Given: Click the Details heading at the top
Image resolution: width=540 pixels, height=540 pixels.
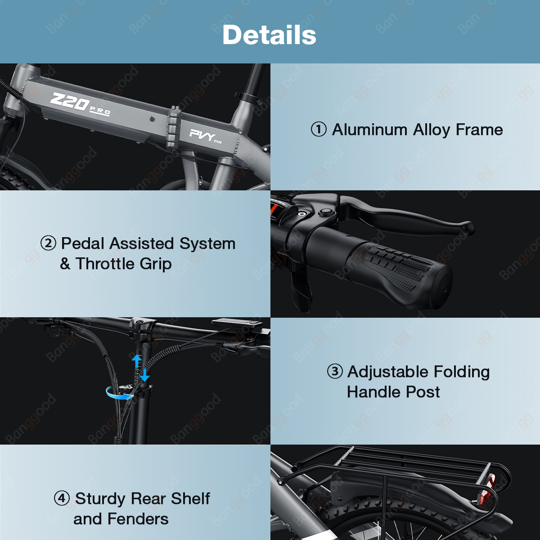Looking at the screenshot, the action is [x=269, y=35].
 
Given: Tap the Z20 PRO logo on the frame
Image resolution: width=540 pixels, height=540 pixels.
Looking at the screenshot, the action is [x=80, y=104].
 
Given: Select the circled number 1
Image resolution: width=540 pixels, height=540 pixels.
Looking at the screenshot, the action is [x=319, y=130].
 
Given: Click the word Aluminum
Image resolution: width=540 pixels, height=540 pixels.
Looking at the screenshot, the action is [x=369, y=130].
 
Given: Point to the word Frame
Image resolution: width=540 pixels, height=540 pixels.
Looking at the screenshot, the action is [x=479, y=130].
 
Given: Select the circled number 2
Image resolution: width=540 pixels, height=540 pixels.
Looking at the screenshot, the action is [x=49, y=243].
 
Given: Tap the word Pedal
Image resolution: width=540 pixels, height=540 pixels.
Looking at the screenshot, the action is [x=83, y=243].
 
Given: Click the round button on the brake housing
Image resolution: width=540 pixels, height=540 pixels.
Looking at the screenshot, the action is [x=326, y=211].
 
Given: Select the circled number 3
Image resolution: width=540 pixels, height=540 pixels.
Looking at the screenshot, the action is [x=335, y=371].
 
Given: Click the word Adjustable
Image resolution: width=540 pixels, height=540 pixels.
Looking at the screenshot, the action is [x=388, y=372].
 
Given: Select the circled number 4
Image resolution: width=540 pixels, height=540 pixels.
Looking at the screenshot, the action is [x=62, y=499].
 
